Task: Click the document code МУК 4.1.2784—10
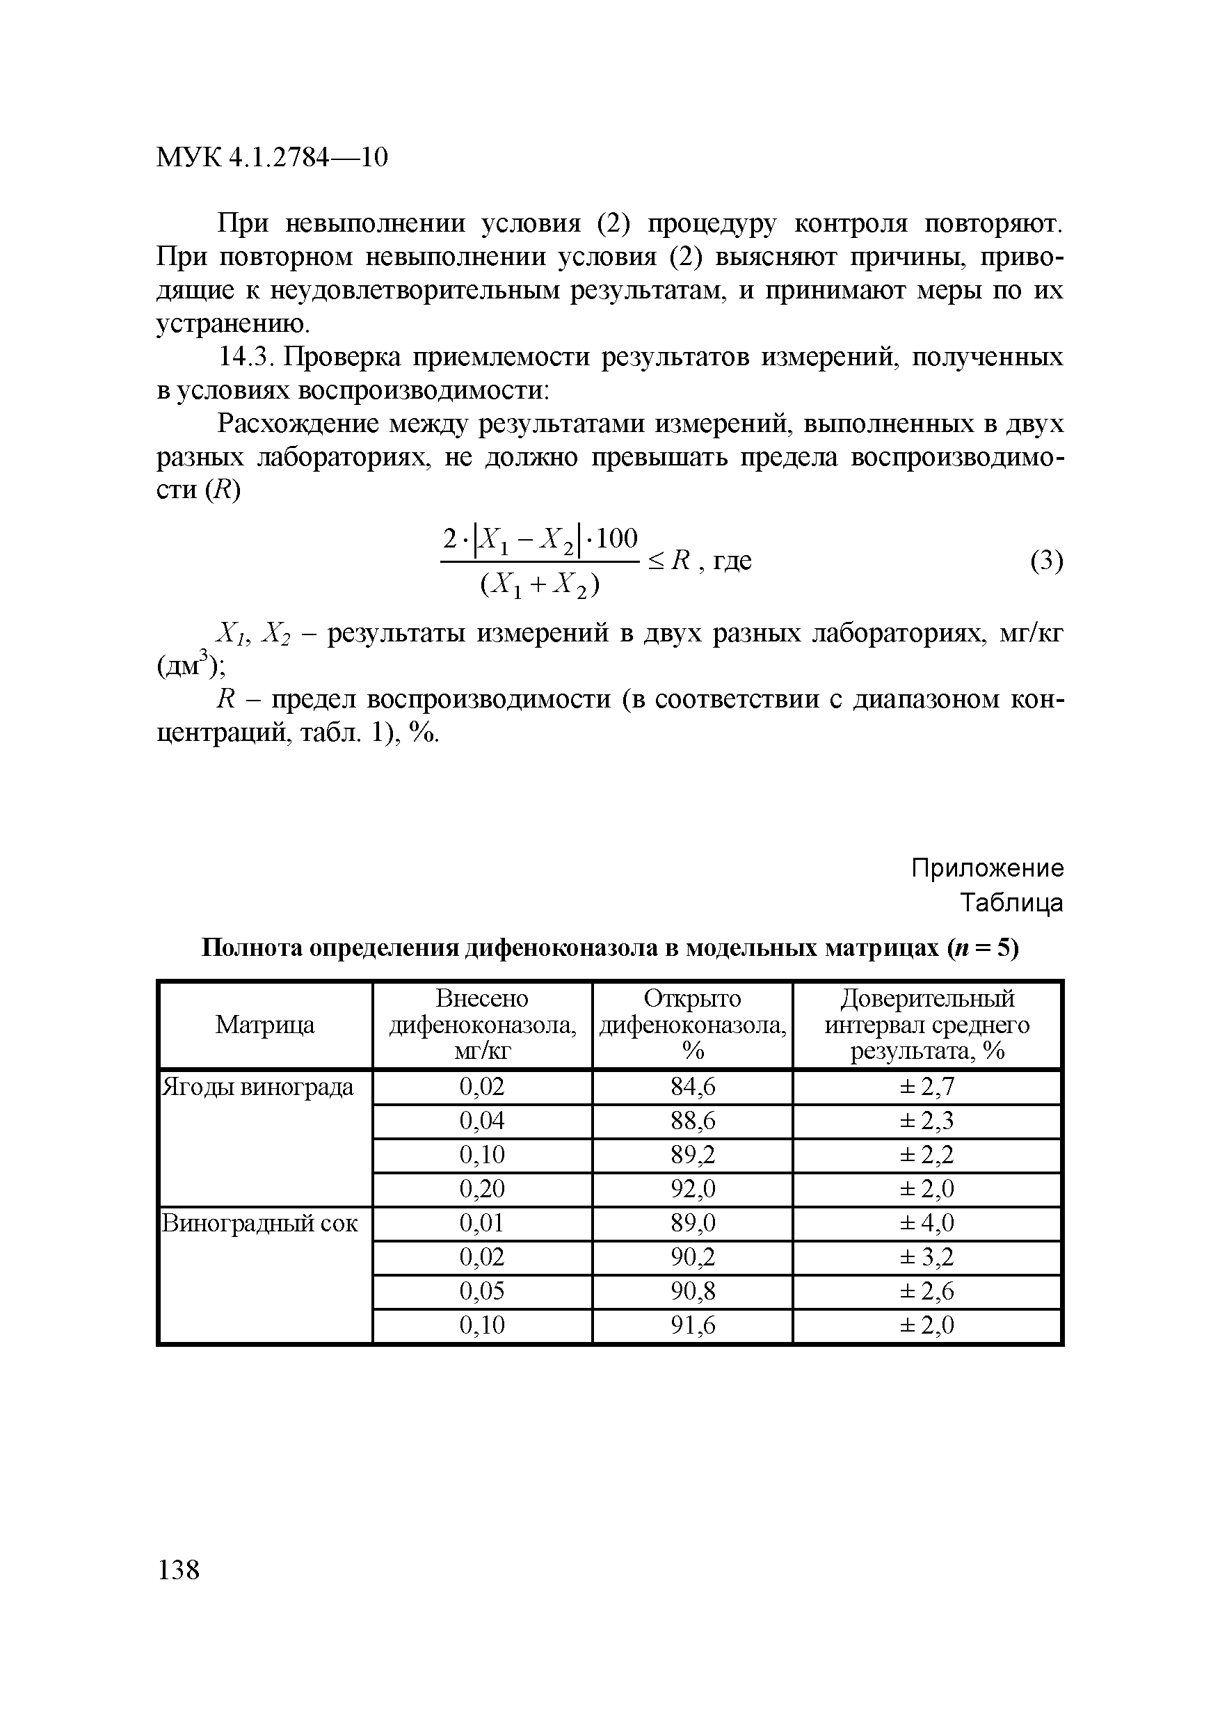pyautogui.click(x=271, y=157)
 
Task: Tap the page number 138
pyautogui.click(x=179, y=1570)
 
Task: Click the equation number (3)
pyautogui.click(x=1046, y=561)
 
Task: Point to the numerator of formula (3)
pyautogui.click(x=540, y=539)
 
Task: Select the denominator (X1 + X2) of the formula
pyautogui.click(x=540, y=585)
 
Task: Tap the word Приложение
pyautogui.click(x=987, y=868)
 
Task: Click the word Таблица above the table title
pyautogui.click(x=1012, y=902)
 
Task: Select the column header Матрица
pyautogui.click(x=264, y=1025)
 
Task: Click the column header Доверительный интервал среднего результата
pyautogui.click(x=927, y=1025)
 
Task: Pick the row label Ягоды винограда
pyautogui.click(x=258, y=1087)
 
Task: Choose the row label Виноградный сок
pyautogui.click(x=260, y=1224)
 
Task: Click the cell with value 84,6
pyautogui.click(x=692, y=1087)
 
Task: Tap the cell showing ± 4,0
pyautogui.click(x=927, y=1224)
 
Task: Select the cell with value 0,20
pyautogui.click(x=482, y=1189)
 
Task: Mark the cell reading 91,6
pyautogui.click(x=692, y=1325)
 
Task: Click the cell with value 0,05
pyautogui.click(x=482, y=1291)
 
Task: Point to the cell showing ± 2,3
pyautogui.click(x=927, y=1121)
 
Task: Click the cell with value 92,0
pyautogui.click(x=692, y=1189)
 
